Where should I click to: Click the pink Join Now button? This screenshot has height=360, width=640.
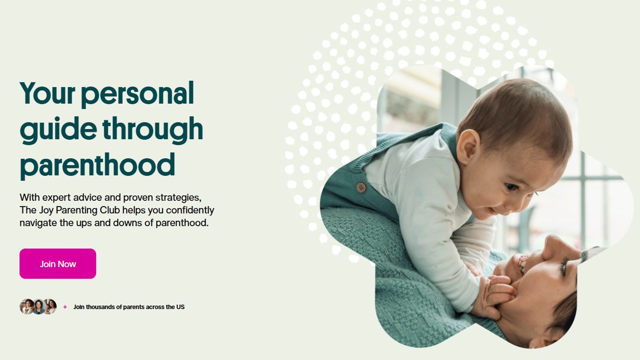point(58,263)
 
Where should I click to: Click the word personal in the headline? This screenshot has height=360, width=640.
point(137,94)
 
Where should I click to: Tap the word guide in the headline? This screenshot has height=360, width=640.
point(58,130)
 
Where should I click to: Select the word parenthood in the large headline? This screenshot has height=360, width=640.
point(97,166)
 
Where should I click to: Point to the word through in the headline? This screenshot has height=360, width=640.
point(153,130)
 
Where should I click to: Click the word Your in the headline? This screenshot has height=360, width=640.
point(47,93)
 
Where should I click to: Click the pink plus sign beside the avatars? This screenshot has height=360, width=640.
point(65,307)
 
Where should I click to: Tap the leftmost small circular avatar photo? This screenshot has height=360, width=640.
point(27,307)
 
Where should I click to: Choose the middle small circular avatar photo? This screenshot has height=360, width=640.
point(38,307)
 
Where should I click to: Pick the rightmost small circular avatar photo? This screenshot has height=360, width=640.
point(50,307)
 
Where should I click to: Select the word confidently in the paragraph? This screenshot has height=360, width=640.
point(190,210)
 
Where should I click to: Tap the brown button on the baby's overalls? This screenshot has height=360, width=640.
point(361,187)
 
